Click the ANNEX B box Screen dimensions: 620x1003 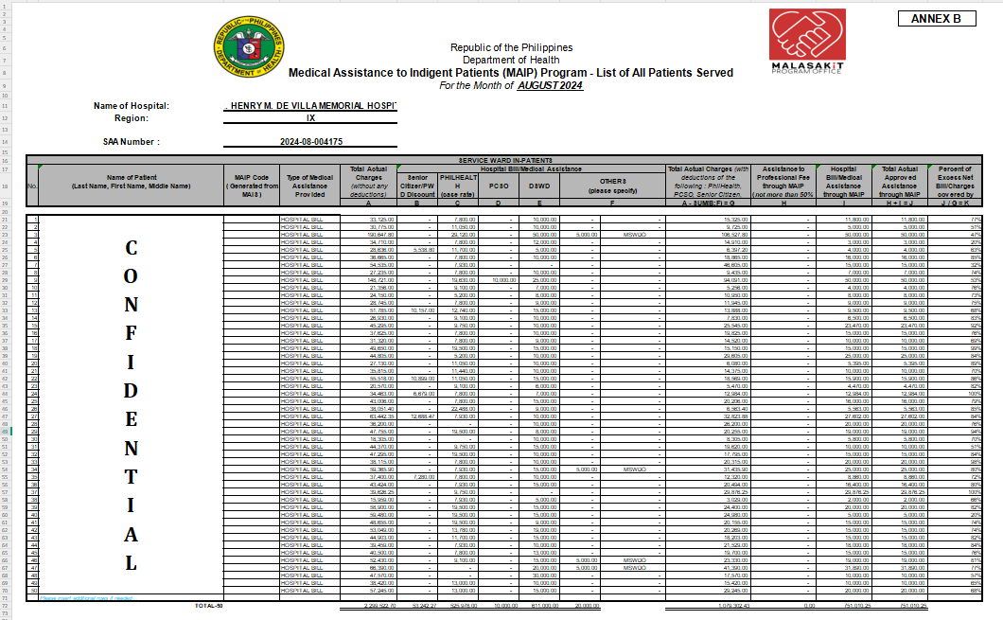pos(942,19)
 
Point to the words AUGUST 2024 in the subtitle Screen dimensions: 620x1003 pos(551,85)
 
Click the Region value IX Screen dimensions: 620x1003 pos(310,118)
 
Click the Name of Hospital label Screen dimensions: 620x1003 pos(132,105)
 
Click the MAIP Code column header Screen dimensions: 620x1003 pos(251,182)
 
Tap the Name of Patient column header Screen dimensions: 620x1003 pos(132,182)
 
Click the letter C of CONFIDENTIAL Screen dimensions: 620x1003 pos(132,248)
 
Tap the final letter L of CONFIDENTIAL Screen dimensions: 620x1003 pos(132,563)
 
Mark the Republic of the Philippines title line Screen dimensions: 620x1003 pos(511,47)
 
